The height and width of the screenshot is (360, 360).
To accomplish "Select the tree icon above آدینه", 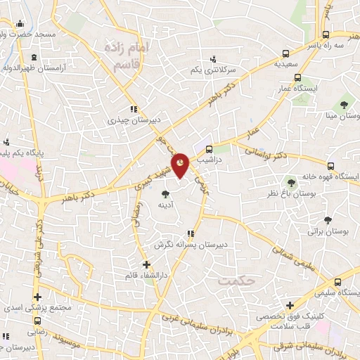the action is coord(165,193).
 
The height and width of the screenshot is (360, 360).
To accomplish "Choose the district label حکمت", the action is coord(236,281).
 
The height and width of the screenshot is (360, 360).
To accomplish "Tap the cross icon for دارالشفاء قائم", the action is coord(146,264).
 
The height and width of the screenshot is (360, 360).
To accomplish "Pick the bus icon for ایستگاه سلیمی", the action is coord(338,279).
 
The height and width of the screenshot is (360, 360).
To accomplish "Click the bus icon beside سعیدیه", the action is coord(285,53).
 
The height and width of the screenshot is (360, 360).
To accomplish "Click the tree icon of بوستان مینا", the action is coord(343,104).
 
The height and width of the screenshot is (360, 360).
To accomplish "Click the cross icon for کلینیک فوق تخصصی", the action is coord(290,305).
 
